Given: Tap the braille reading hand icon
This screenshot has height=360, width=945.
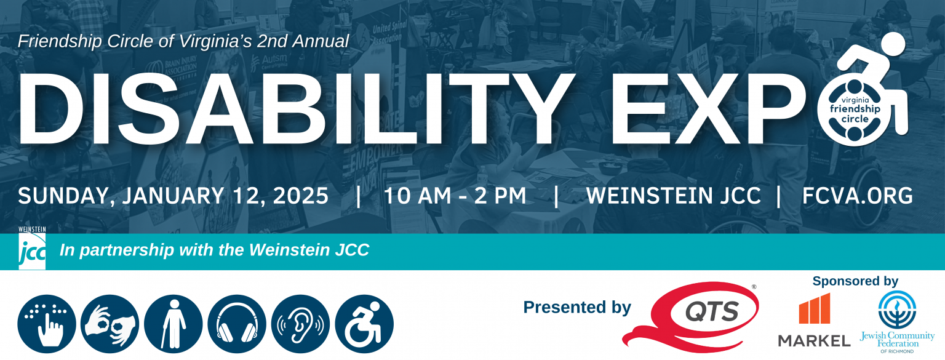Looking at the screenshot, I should point(47,324).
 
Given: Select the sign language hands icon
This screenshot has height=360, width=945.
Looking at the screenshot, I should point(110,324).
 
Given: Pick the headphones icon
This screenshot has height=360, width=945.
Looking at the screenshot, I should point(237,324).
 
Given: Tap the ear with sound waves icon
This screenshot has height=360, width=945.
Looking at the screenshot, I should point(300,324).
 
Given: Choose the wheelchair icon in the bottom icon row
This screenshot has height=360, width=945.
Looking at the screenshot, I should point(364,324).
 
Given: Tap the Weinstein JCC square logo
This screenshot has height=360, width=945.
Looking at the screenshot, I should point(32,252).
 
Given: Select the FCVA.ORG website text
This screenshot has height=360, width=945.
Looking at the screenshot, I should point(857,196).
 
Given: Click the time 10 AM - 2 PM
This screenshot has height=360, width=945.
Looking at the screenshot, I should point(455,196).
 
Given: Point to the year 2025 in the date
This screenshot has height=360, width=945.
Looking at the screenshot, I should point(298,196).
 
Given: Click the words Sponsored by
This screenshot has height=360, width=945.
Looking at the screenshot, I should point(855,281).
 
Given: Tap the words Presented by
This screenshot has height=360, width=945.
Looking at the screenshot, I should point(576,307).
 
